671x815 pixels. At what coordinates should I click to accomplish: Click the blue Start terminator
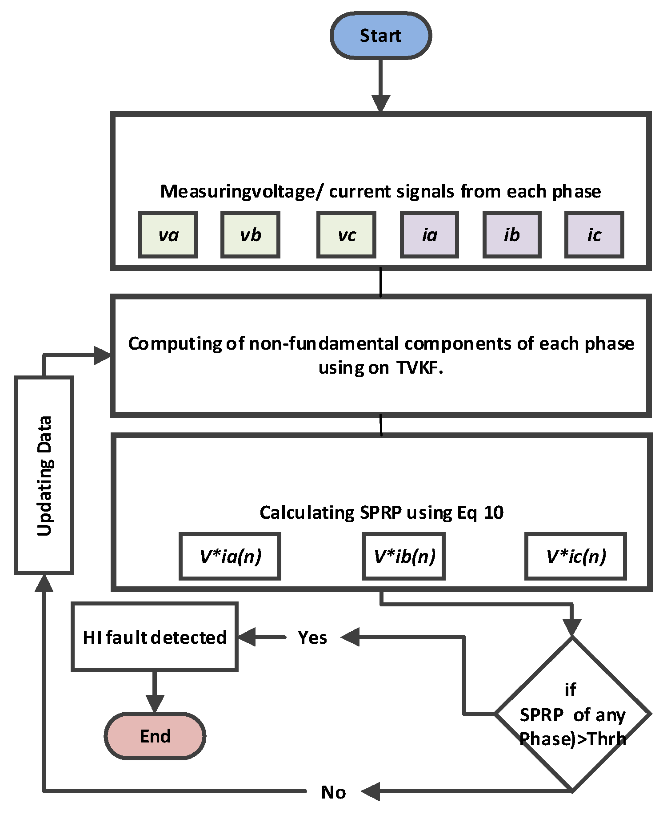tap(380, 36)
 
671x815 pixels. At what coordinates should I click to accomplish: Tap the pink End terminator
tap(155, 736)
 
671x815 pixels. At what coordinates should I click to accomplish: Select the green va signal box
tap(168, 235)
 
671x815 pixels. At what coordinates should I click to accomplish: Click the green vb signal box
tap(250, 235)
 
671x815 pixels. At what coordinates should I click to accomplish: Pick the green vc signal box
tap(346, 235)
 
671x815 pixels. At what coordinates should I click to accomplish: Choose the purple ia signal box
tap(429, 235)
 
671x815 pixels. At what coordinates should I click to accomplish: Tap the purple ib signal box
tap(512, 235)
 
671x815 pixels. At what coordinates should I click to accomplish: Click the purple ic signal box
tap(594, 235)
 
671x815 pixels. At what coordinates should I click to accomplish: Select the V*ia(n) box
tap(230, 556)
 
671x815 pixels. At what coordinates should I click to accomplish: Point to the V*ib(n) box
tap(403, 556)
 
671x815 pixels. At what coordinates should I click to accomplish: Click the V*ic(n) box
tap(575, 556)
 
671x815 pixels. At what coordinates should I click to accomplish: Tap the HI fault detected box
tap(155, 637)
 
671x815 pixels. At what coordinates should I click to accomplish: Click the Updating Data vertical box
tap(44, 476)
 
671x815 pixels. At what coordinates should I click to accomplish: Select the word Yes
tap(312, 637)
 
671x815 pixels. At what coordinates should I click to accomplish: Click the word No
tap(333, 792)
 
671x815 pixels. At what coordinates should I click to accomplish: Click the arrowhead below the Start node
tap(381, 104)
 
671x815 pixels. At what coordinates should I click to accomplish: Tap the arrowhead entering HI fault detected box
tap(247, 637)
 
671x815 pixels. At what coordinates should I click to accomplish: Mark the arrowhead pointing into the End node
tap(155, 704)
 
